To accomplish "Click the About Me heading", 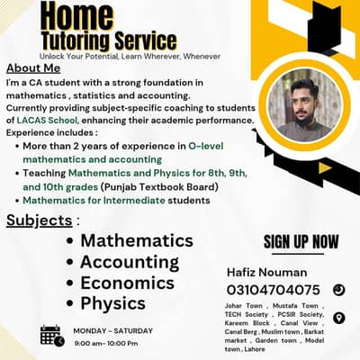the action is [33, 68].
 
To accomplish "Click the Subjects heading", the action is [39, 220].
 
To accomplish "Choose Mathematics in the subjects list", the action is [137, 240].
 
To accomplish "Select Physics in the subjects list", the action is [112, 303].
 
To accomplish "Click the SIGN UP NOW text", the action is [301, 241].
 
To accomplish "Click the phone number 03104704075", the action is [273, 290].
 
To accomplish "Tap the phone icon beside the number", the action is [338, 290].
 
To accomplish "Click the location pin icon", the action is [338, 318].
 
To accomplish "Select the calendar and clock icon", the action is [51, 336].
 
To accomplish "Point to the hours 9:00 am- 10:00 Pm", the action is [112, 344].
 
